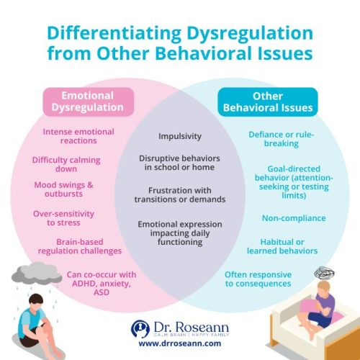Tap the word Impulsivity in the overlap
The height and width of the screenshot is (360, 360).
pyautogui.click(x=180, y=135)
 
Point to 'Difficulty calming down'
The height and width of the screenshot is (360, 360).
pyautogui.click(x=66, y=165)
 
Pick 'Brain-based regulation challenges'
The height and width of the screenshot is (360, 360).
pyautogui.click(x=79, y=246)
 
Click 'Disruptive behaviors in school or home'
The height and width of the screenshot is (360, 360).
pyautogui.click(x=180, y=163)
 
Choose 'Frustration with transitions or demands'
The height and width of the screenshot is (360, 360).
pyautogui.click(x=181, y=194)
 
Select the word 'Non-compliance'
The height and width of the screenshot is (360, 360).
pyautogui.click(x=293, y=217)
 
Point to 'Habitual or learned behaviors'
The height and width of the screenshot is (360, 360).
pyautogui.click(x=289, y=246)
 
